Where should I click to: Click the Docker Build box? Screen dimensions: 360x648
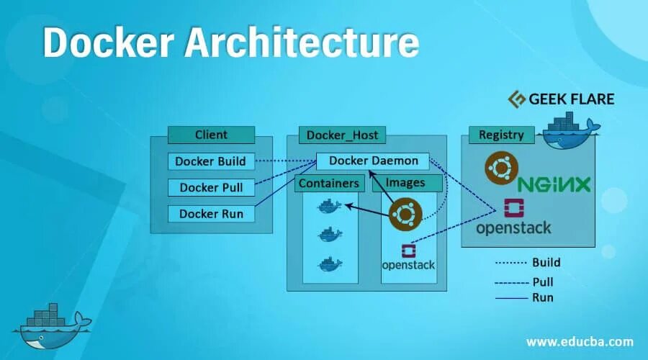(x=211, y=161)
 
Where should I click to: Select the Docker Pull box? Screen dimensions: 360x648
(x=211, y=188)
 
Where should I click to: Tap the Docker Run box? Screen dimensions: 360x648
(x=211, y=214)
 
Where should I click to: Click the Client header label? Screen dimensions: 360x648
(x=211, y=135)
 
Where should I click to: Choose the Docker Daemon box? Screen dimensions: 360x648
(x=373, y=161)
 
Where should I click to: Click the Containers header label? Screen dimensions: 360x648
(x=328, y=184)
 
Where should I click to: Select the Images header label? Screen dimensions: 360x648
(x=405, y=183)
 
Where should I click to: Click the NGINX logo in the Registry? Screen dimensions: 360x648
(x=554, y=184)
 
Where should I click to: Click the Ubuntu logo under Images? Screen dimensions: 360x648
(x=405, y=215)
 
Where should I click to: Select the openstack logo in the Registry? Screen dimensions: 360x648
(x=513, y=219)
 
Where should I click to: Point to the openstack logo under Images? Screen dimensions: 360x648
(x=408, y=258)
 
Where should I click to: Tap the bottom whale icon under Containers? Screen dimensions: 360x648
(x=330, y=263)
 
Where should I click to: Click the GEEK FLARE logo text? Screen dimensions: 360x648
(x=562, y=99)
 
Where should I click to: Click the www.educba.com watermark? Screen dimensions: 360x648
(x=580, y=341)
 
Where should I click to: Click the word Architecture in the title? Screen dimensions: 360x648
(x=302, y=43)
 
